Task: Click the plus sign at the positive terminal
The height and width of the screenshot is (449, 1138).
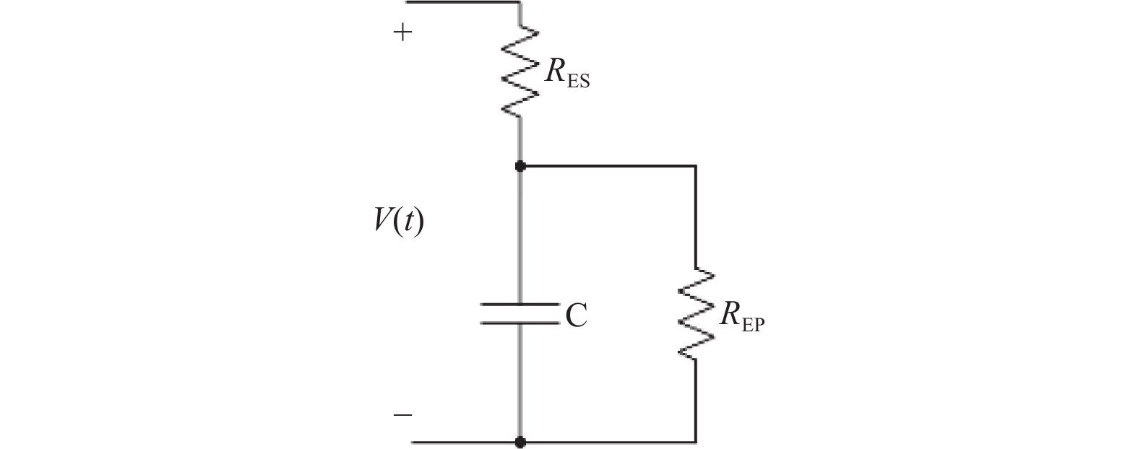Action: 402,32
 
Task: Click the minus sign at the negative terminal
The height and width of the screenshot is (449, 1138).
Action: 402,415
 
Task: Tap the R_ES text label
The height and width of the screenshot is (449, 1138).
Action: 567,74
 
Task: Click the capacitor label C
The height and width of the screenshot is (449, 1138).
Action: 576,315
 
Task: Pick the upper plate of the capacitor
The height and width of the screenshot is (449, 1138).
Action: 520,305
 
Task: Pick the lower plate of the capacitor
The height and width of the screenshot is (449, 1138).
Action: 520,322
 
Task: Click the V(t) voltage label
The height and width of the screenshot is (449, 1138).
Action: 399,221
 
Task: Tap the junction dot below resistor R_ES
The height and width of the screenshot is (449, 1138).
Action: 520,166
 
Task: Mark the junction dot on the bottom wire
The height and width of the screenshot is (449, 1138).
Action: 520,441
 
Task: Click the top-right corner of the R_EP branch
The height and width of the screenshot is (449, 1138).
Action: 696,166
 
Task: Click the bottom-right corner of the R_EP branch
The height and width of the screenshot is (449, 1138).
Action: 696,441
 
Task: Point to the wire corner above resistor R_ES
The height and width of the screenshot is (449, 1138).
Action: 520,2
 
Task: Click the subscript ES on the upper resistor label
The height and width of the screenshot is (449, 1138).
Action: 579,81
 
